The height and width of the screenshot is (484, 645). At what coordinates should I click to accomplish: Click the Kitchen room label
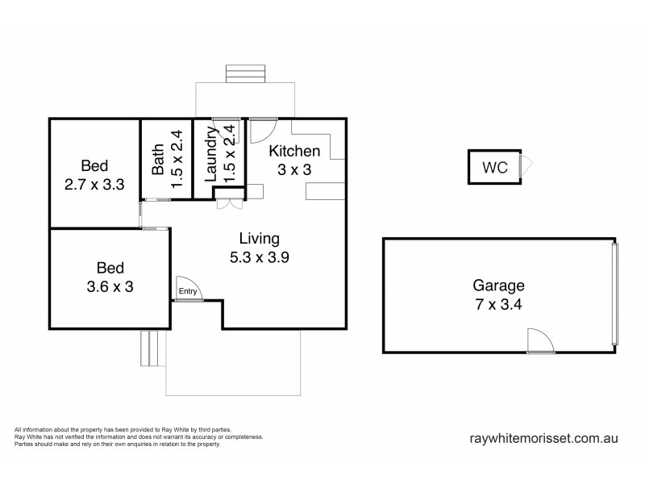pos(294,151)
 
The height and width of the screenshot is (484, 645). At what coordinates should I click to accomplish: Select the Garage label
pos(498,285)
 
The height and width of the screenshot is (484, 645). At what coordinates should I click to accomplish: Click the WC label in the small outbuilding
pos(494,169)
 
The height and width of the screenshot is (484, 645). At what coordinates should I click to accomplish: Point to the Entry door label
pos(187,291)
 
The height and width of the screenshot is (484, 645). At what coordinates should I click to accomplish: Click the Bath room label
pos(159,159)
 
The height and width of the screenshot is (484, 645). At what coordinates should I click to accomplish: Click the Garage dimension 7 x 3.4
pos(498,305)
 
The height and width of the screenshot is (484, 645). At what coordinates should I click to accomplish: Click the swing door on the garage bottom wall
pos(539,342)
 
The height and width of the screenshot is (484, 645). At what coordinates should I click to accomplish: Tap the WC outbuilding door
pos(526,168)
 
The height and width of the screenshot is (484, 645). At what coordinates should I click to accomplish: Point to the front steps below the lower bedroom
pos(150,348)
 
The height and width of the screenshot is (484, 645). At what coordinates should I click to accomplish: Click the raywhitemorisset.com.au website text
pos(543,439)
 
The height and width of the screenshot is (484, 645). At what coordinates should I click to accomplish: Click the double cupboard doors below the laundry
pos(228,203)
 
